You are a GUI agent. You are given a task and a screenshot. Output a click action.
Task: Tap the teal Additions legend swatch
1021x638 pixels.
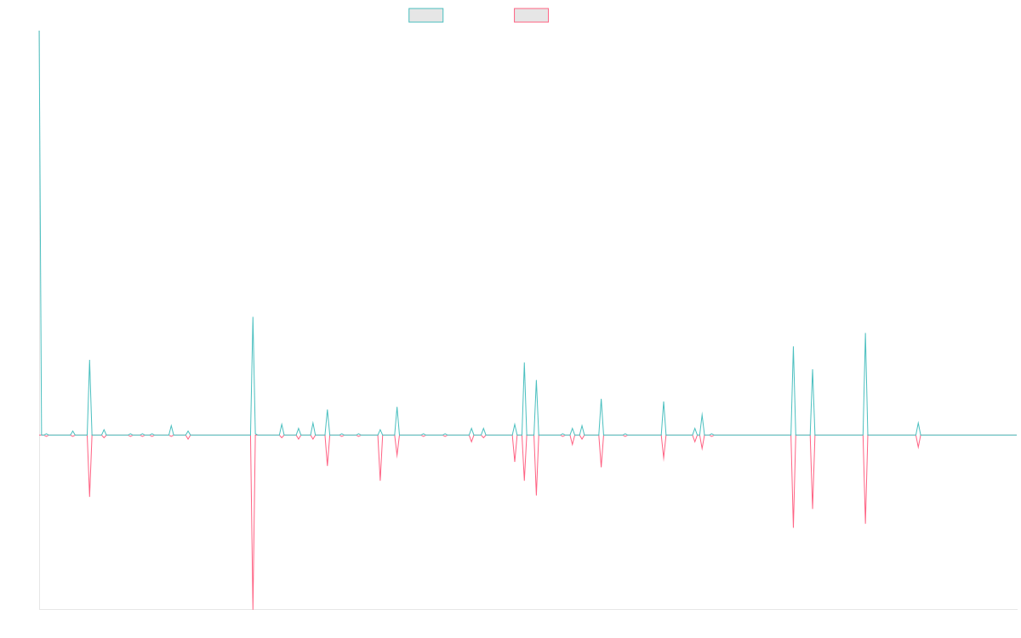click(426, 15)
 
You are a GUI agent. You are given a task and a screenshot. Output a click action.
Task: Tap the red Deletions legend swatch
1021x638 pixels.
click(532, 15)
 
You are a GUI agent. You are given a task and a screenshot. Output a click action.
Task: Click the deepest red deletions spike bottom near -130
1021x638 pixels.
click(253, 607)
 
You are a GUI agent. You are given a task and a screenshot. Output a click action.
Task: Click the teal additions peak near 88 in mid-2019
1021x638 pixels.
click(253, 317)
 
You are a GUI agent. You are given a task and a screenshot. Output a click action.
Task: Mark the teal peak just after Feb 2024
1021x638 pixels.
click(865, 333)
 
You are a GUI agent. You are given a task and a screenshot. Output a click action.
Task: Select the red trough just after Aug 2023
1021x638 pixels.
click(793, 527)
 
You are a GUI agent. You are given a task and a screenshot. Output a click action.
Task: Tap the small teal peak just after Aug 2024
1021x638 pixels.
click(918, 422)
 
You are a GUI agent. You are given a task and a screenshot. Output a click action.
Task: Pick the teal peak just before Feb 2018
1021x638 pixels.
click(89, 361)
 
